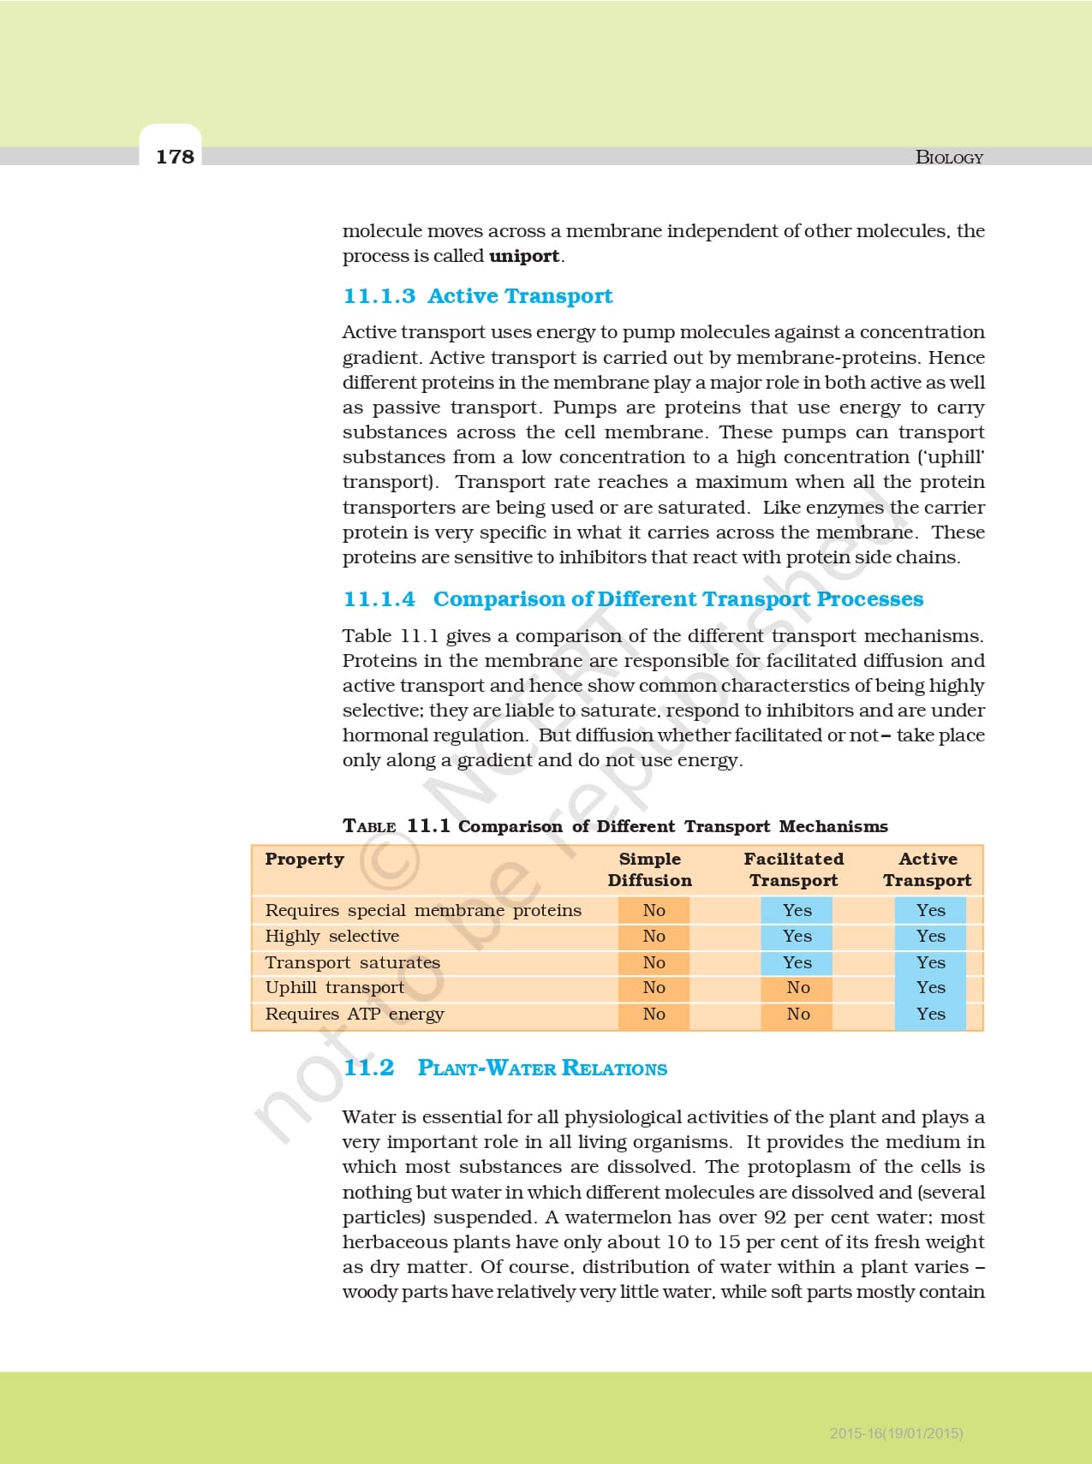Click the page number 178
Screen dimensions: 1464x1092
175,156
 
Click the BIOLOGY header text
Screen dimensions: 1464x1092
949,158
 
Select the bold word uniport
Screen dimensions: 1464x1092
524,256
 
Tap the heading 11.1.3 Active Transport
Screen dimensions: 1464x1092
477,296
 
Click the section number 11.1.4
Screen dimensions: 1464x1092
379,599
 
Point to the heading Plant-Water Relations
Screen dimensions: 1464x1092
542,1068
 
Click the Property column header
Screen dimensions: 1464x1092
304,859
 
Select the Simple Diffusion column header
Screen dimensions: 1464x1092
649,869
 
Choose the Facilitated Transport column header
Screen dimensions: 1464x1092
793,869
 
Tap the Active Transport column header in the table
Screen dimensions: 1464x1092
928,869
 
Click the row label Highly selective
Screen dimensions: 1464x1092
331,936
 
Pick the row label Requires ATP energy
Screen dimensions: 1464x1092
355,1014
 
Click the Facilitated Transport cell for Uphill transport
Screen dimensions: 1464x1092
797,988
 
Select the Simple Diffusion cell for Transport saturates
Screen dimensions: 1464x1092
653,962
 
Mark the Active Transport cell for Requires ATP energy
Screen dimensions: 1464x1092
930,1014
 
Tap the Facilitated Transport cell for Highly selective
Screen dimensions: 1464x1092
797,936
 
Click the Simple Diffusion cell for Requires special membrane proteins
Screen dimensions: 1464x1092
653,910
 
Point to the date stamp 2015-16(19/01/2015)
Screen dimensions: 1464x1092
896,1433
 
